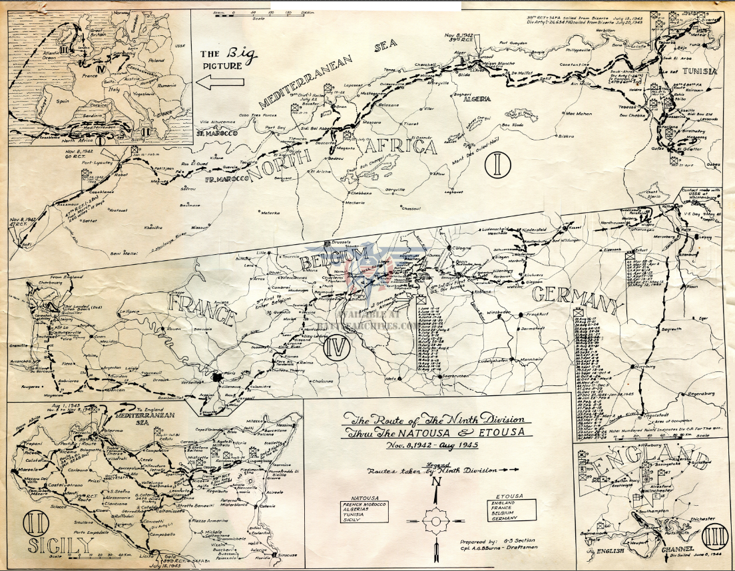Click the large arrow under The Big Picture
[222, 83]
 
